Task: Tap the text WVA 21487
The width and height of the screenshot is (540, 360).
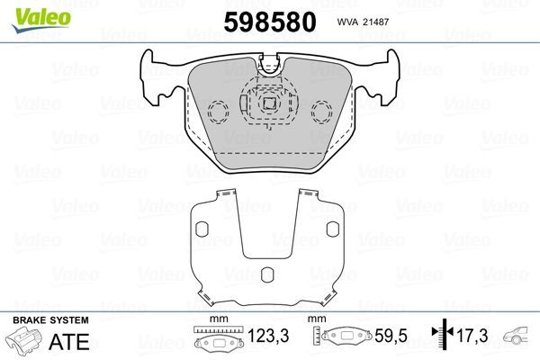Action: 359,22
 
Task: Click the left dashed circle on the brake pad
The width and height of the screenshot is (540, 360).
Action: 218,112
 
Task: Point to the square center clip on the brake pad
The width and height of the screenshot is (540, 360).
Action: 268,103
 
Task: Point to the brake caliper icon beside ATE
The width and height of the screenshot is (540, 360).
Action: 26,342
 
